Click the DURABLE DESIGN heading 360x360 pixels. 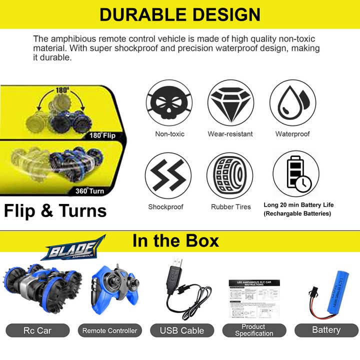[180, 15]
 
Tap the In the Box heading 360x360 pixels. [175, 241]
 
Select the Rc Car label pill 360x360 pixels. [37, 330]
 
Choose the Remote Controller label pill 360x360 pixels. [110, 330]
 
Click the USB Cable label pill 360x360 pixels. [182, 330]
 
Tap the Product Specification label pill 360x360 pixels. [254, 330]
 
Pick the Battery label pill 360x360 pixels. [326, 330]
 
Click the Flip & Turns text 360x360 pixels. [55, 210]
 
